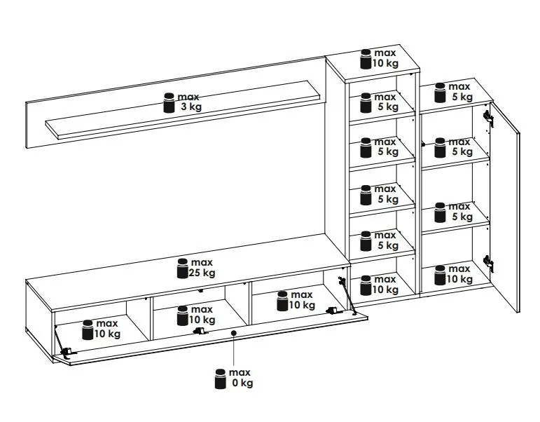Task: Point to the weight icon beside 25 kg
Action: (182, 268)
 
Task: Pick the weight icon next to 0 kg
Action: (220, 378)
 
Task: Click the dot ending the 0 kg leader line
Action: (233, 333)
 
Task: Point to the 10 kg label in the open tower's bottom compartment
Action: (384, 285)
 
